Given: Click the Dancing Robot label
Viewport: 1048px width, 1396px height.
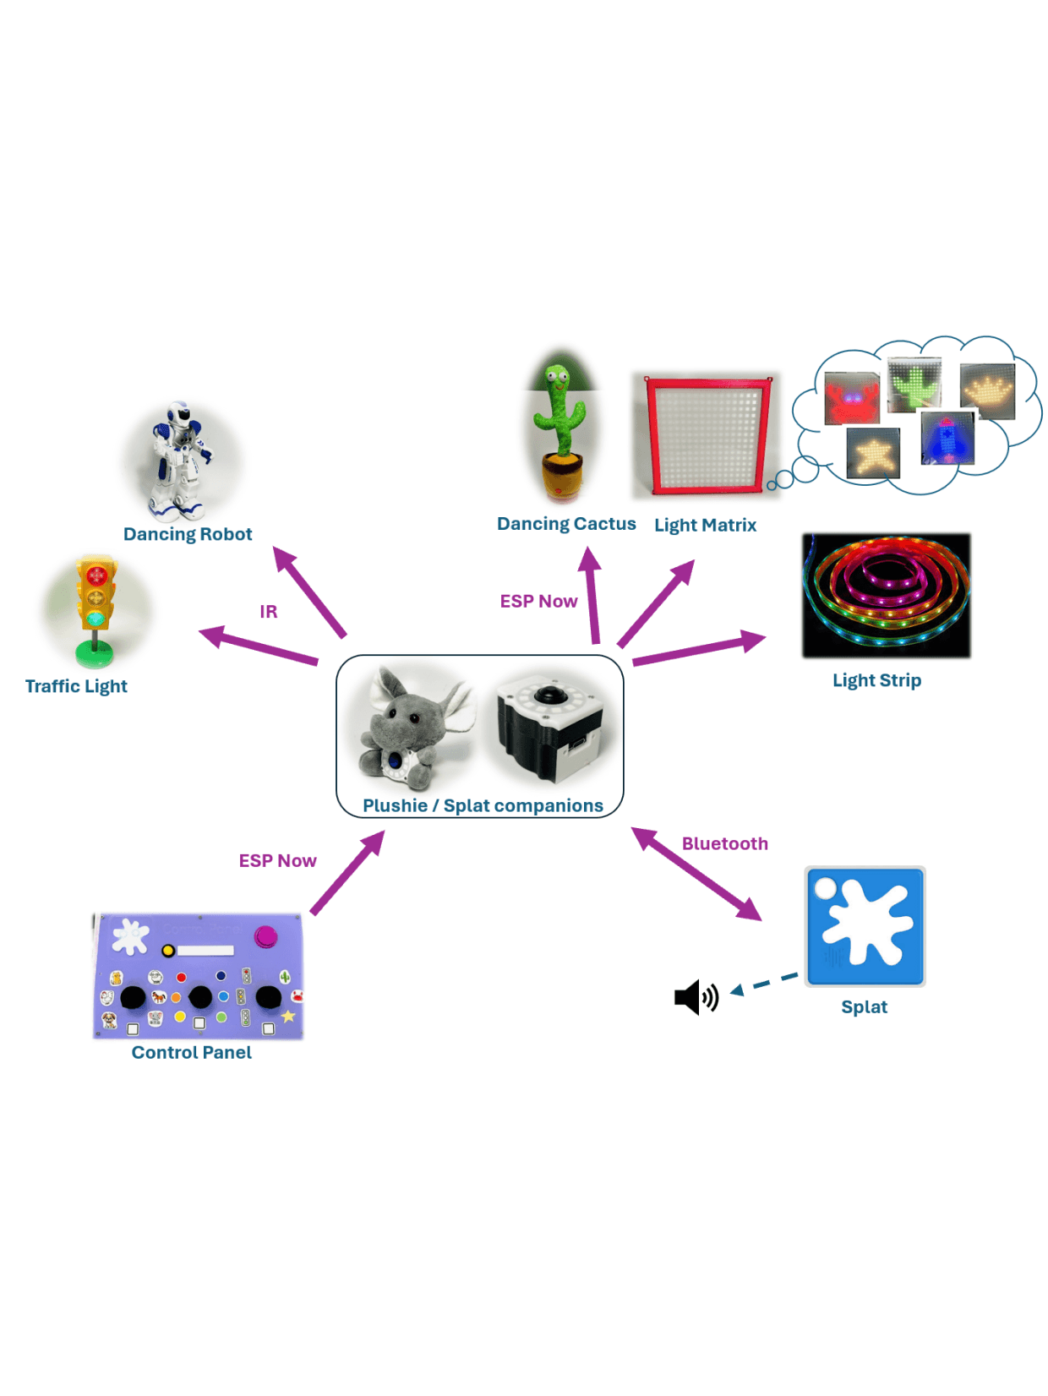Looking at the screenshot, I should click(188, 534).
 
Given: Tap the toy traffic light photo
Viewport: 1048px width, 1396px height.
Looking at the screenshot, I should click(96, 610).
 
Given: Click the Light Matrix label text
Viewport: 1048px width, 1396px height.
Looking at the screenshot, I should click(705, 525).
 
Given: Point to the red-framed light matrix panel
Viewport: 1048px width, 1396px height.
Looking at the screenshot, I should click(707, 435).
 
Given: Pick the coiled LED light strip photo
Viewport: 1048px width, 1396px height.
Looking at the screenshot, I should click(886, 595).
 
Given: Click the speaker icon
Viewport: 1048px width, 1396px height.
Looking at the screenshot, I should click(696, 997).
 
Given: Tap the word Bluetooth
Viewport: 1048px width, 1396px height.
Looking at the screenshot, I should click(724, 843).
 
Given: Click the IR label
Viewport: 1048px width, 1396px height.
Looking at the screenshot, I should click(268, 611).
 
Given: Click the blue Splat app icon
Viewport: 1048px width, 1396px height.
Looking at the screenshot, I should click(865, 926).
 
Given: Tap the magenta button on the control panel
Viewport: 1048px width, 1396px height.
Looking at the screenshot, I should click(266, 936).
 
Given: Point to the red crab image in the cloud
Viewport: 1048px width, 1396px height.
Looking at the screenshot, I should click(851, 397).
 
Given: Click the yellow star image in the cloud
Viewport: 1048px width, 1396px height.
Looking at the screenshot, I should click(872, 453).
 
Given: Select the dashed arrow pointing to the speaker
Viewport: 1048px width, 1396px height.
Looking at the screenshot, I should click(764, 984).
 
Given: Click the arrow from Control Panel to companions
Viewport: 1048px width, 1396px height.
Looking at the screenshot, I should click(347, 873).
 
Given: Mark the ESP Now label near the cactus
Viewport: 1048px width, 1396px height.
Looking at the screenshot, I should click(538, 601).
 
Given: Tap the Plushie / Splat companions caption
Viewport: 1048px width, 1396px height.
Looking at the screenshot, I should click(483, 805).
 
